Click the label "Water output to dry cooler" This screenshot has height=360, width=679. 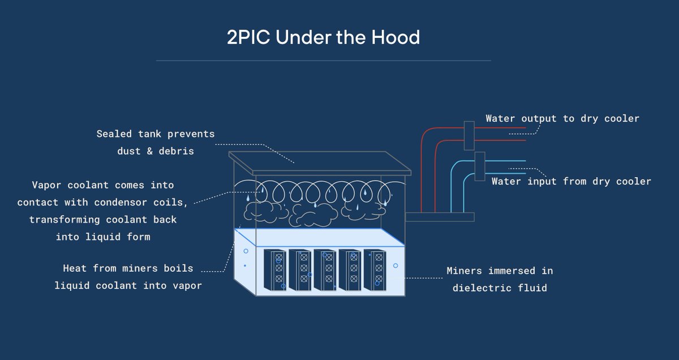tap(562, 119)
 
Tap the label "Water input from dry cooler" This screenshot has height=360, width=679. tap(571, 182)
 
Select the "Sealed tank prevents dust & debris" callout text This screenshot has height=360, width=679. tap(156, 143)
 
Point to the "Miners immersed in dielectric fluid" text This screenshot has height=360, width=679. tap(500, 279)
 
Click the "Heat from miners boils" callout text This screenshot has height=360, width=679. tap(128, 268)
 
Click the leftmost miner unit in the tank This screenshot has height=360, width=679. tap(274, 269)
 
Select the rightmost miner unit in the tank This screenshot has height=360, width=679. tap(374, 269)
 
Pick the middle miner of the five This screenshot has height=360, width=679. tap(324, 269)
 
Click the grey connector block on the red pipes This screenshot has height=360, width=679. tap(469, 135)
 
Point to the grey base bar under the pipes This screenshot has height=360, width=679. tap(439, 216)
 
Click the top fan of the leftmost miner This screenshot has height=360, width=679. tap(278, 258)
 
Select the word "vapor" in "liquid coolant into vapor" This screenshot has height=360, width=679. tap(186, 286)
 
